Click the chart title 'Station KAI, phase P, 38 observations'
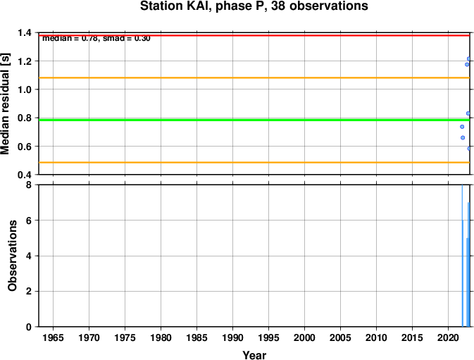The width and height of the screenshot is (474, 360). [x=254, y=6]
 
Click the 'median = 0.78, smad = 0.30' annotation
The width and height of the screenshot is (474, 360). [x=96, y=38]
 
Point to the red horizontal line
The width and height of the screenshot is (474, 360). [x=254, y=35]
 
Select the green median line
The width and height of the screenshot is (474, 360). [x=254, y=120]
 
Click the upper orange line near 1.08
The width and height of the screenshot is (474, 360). [x=254, y=78]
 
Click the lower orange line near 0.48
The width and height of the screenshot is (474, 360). [x=254, y=163]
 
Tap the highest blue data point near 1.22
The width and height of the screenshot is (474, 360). [x=468, y=58]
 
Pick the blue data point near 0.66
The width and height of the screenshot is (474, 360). [x=463, y=138]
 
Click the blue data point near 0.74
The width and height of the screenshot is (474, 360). [x=462, y=127]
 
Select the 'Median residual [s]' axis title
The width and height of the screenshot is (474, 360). [x=5, y=104]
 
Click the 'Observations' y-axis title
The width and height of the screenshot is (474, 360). [x=12, y=256]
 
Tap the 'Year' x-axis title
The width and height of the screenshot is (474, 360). [x=254, y=355]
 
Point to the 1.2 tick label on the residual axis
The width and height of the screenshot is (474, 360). [x=25, y=61]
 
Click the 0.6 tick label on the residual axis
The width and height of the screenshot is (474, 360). [x=25, y=147]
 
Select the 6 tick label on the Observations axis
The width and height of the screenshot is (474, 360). [x=29, y=221]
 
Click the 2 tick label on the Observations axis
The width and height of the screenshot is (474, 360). [x=29, y=292]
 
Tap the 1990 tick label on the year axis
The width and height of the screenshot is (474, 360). [x=232, y=337]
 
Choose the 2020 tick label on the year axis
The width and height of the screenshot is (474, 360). [x=448, y=337]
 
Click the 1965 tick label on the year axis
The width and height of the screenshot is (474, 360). [x=54, y=337]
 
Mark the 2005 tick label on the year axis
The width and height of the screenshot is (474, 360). [x=340, y=337]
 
